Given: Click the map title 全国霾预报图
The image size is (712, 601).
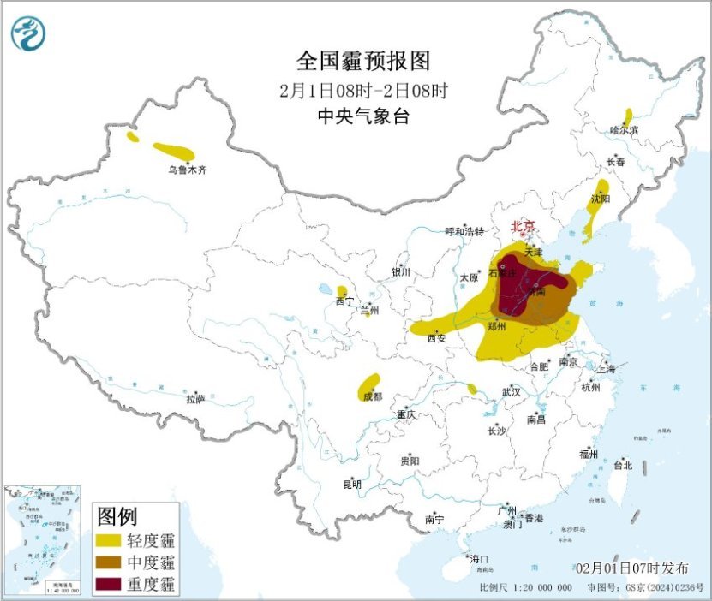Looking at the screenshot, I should (x=362, y=61).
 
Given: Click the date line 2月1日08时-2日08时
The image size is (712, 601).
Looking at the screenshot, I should (x=363, y=89).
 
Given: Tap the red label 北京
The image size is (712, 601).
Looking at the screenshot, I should (x=523, y=227).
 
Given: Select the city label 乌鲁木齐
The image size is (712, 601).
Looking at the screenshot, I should (x=187, y=170).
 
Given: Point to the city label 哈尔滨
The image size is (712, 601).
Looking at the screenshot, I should (x=624, y=130).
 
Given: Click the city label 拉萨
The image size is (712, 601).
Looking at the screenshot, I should (x=195, y=399).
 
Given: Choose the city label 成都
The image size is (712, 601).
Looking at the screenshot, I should (x=372, y=396).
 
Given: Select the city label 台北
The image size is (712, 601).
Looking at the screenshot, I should (x=623, y=466).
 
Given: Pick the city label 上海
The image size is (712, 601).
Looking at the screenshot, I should (x=606, y=369).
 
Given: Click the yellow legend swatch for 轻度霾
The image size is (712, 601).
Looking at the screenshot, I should (x=109, y=541).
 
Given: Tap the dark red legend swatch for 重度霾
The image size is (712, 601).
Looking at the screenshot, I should (x=109, y=584).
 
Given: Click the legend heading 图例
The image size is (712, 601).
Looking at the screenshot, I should (x=117, y=516).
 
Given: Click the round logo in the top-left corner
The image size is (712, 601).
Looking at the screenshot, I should (x=27, y=33).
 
